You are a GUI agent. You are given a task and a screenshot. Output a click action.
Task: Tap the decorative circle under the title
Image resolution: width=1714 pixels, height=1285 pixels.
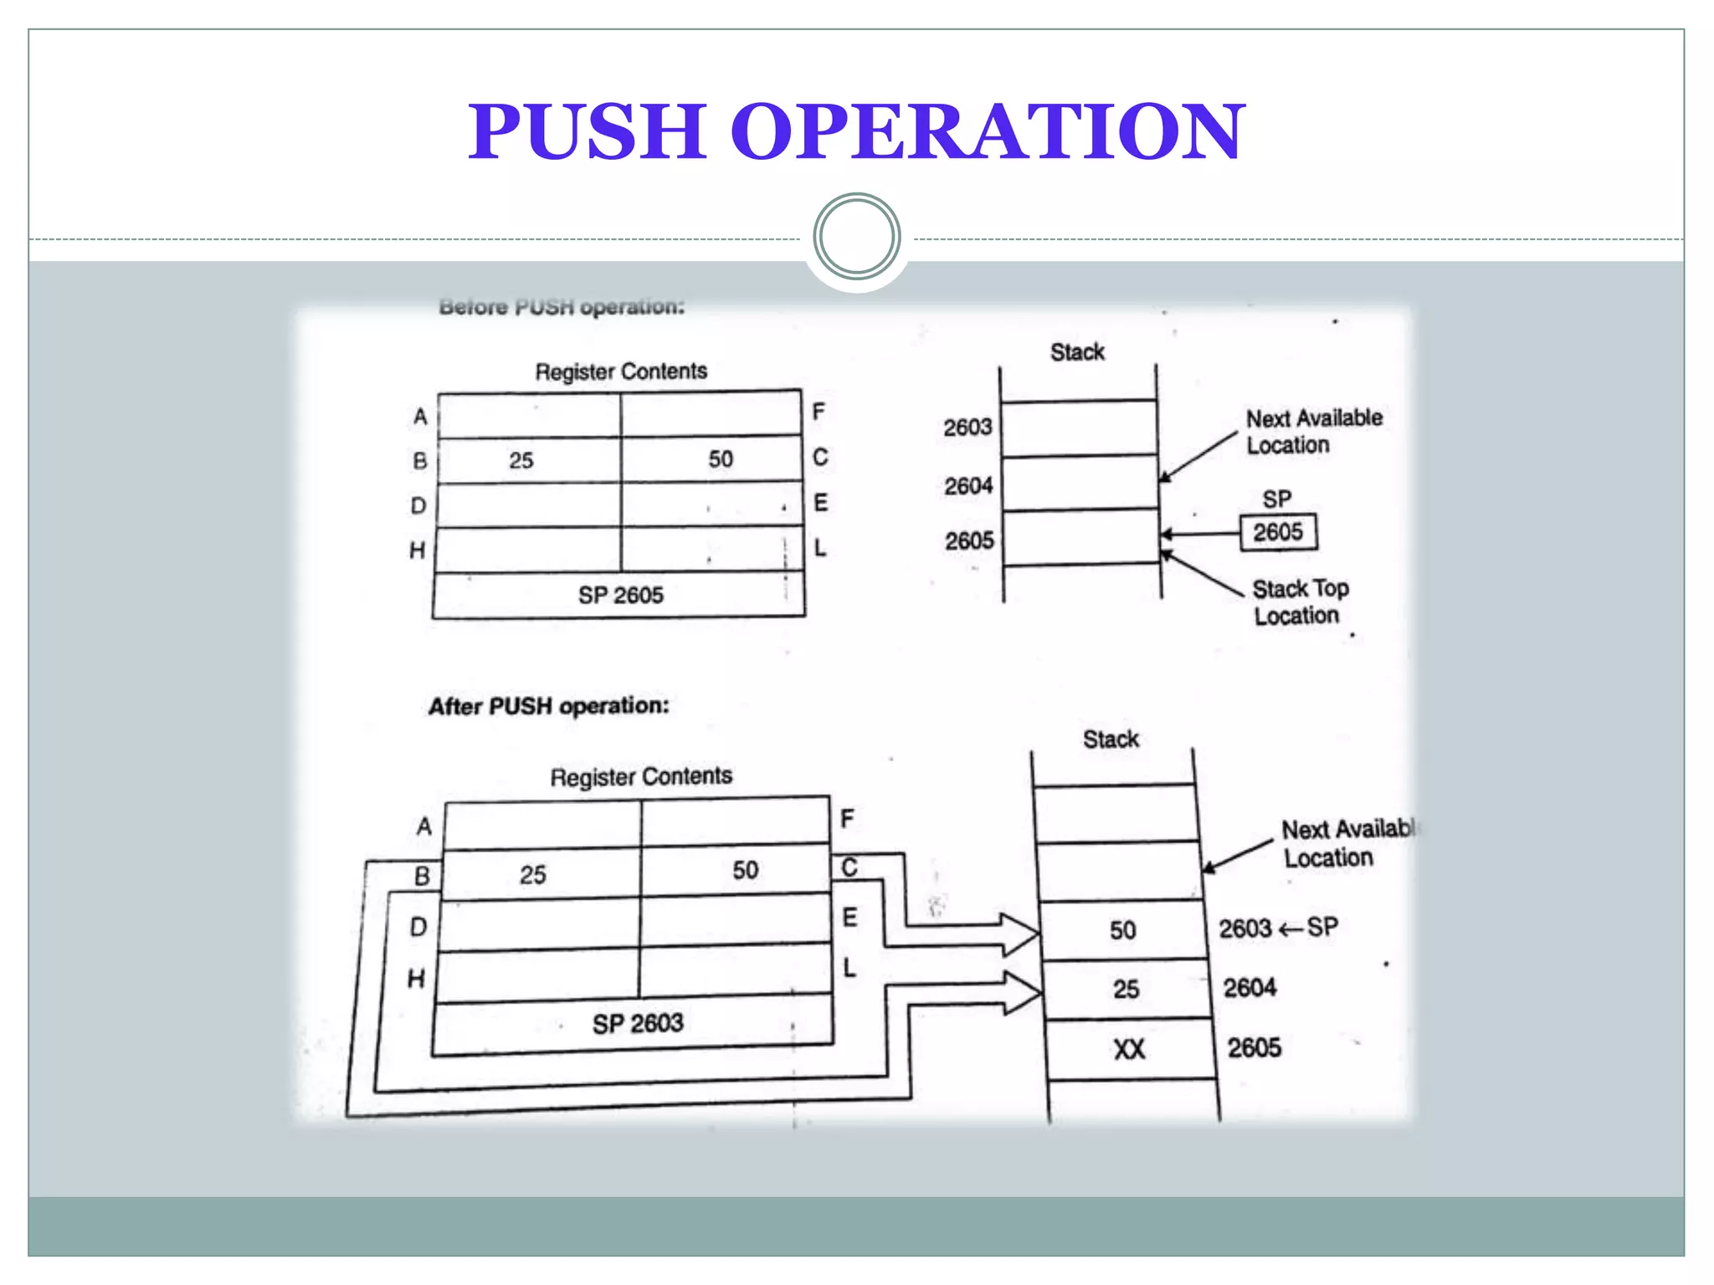pos(856,237)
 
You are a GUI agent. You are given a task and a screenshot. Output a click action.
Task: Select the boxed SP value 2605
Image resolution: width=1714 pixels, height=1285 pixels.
pos(1278,532)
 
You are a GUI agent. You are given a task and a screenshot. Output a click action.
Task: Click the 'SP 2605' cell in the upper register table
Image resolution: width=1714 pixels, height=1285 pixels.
pos(619,595)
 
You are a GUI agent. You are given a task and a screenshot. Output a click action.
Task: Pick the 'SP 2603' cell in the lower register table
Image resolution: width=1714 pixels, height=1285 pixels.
pos(637,1023)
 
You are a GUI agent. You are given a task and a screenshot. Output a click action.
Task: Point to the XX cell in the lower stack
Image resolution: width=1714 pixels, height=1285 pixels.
pos(1129,1049)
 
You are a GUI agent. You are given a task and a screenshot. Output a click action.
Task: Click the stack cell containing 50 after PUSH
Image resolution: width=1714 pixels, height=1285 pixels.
pos(1122,929)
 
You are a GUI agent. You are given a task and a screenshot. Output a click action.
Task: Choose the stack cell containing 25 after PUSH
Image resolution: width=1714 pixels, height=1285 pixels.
pos(1126,989)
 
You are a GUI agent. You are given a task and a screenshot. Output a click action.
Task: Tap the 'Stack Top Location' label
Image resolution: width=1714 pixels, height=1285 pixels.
pos(1299,602)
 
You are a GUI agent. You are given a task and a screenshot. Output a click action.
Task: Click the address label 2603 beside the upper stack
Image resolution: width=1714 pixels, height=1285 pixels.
pos(967,427)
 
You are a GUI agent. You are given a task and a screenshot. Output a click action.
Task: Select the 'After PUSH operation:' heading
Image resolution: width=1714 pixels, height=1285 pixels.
pos(549,706)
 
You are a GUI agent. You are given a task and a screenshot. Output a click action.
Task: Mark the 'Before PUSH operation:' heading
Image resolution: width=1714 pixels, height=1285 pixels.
pos(562,307)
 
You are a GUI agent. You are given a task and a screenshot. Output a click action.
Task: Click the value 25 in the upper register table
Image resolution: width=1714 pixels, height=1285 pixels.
pos(521,460)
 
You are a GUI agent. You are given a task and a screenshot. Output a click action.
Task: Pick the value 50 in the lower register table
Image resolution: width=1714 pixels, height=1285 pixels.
pos(745,870)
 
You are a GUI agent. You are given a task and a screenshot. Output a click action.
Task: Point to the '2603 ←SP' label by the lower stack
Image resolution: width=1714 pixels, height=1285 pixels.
pos(1278,928)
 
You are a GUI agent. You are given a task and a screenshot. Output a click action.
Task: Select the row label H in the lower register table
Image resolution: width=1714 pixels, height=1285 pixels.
pos(416,978)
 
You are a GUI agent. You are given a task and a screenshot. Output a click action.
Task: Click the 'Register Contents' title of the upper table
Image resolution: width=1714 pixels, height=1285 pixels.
pos(621,371)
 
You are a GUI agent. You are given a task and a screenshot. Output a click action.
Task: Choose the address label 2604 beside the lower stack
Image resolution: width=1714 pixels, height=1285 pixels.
pos(1250,988)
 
